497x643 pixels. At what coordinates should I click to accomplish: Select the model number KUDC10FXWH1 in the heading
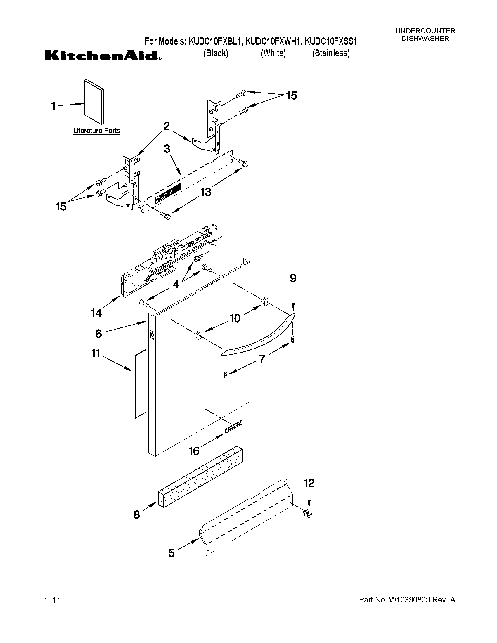pos(273,41)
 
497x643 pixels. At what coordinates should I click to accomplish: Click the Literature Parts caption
pos(96,130)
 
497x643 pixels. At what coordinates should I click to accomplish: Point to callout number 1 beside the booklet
pos(53,106)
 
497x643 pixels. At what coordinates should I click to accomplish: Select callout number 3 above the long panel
pos(167,149)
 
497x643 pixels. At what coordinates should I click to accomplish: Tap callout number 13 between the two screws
pos(206,192)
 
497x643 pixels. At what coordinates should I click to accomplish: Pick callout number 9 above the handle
pos(293,278)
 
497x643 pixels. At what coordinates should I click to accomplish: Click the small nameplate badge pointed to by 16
pos(233,430)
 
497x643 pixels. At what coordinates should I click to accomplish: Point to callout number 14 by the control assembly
pos(96,313)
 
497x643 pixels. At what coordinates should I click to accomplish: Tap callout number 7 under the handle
pos(262,358)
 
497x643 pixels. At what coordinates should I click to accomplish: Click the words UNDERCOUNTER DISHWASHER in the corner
pos(425,35)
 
